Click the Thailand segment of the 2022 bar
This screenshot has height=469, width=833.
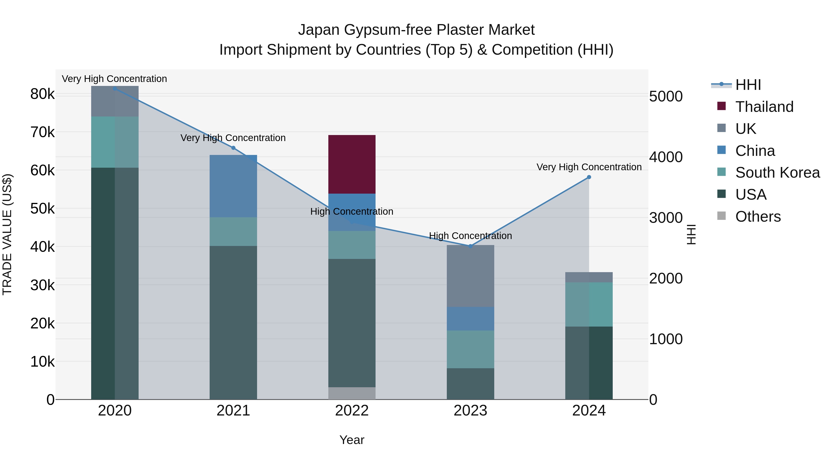tap(352, 164)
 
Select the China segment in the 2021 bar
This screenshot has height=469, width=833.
tap(233, 186)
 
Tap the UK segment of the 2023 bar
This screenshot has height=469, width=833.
tap(470, 276)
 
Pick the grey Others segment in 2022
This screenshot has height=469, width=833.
tap(352, 393)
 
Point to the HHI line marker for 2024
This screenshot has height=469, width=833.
tap(589, 177)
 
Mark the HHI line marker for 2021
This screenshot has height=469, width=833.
tap(233, 148)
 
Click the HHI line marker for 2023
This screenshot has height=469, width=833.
tap(470, 246)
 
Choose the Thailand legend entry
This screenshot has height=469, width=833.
tap(764, 107)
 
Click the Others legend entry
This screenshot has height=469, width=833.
tap(758, 217)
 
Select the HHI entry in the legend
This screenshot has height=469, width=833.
tap(748, 85)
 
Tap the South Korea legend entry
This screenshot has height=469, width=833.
tap(777, 173)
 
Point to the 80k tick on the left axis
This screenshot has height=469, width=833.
tap(42, 94)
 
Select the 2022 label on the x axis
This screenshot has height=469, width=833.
tap(352, 411)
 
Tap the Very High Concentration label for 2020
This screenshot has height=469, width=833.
tap(115, 79)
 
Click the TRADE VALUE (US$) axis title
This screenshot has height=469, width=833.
tap(7, 234)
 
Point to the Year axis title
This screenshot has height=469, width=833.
tap(352, 440)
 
